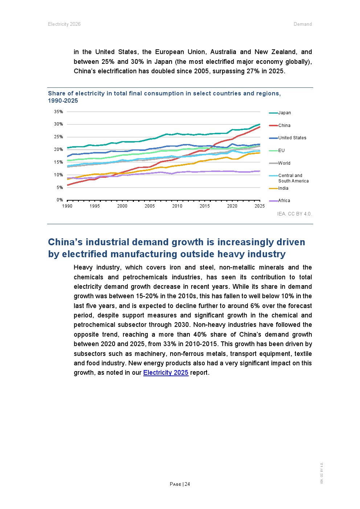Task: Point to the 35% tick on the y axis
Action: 58,112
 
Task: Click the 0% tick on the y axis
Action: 60,200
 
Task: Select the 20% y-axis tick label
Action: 58,149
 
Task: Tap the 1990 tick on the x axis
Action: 67,206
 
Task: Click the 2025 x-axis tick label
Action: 259,206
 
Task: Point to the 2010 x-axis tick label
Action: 177,206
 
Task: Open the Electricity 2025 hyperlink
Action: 165,373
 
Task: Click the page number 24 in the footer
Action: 187,484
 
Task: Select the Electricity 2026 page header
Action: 64,24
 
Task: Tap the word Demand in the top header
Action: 303,24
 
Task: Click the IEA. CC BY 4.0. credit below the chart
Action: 294,214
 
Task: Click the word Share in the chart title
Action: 57,94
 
